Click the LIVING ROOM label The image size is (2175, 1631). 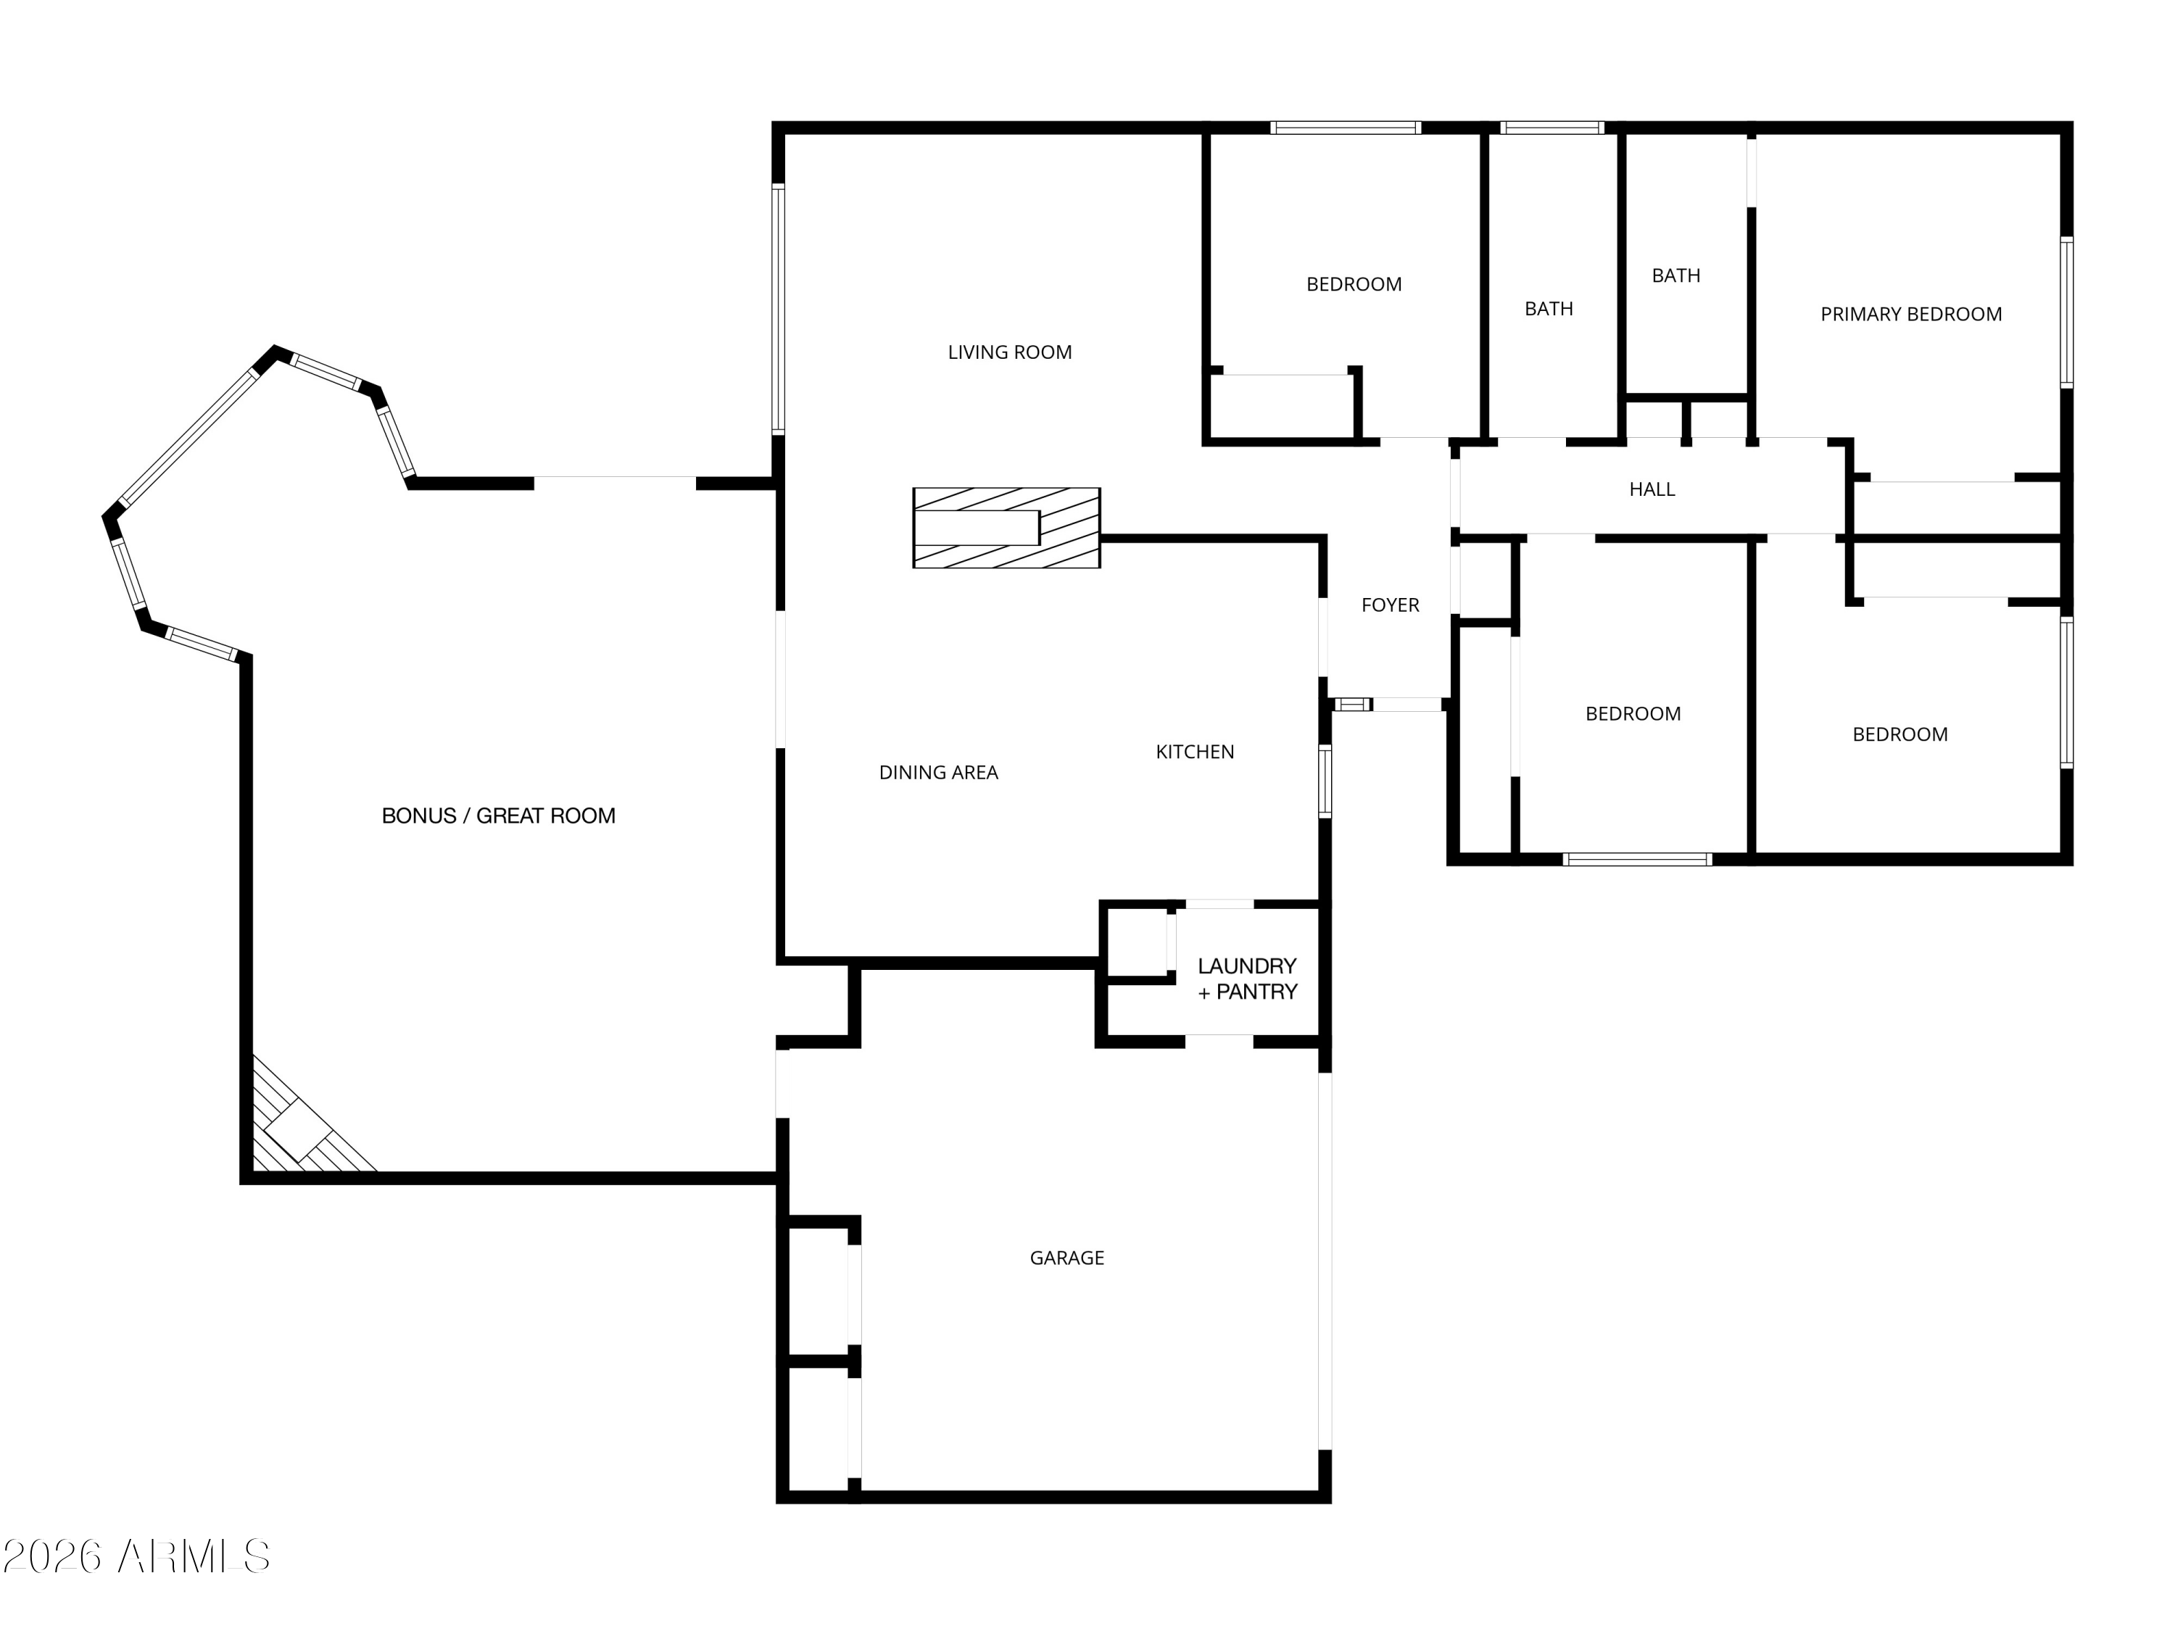coord(1009,352)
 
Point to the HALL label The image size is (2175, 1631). coord(1651,489)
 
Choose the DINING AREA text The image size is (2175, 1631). coord(938,773)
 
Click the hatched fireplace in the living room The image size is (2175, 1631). coord(1006,528)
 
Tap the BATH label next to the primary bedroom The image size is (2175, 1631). coord(1675,276)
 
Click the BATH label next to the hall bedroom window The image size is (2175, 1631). coord(1548,310)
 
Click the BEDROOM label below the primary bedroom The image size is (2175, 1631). coord(1899,735)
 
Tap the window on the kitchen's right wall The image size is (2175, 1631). coord(1325,781)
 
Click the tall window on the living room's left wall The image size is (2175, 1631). coord(778,310)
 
